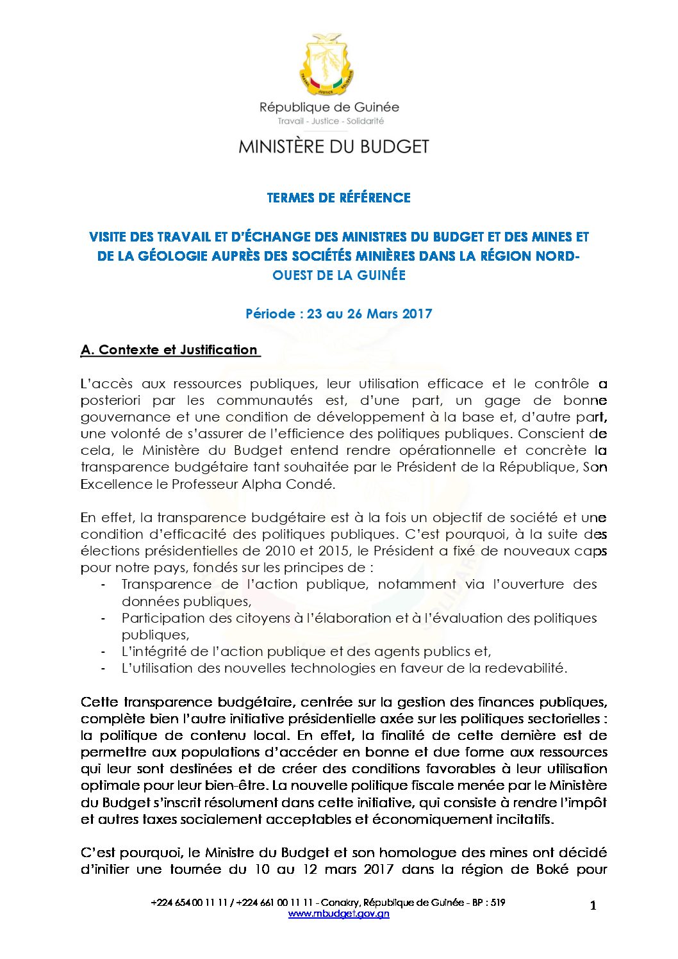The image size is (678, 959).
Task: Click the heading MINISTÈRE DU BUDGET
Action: click(x=333, y=147)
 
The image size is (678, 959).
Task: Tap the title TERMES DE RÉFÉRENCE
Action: click(x=338, y=198)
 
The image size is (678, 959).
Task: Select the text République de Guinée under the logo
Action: click(x=329, y=107)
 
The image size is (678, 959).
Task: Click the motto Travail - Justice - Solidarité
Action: click(x=331, y=121)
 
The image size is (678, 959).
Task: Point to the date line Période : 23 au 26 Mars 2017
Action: click(x=338, y=314)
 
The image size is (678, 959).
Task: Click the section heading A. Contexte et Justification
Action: click(x=169, y=350)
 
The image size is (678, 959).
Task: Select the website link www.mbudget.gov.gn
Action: click(x=338, y=914)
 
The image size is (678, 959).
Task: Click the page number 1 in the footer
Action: click(x=593, y=905)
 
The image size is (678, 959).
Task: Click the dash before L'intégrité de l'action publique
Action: click(x=103, y=652)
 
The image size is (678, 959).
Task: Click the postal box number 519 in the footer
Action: click(x=497, y=903)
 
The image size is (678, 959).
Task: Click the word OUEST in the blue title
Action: click(x=294, y=275)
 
